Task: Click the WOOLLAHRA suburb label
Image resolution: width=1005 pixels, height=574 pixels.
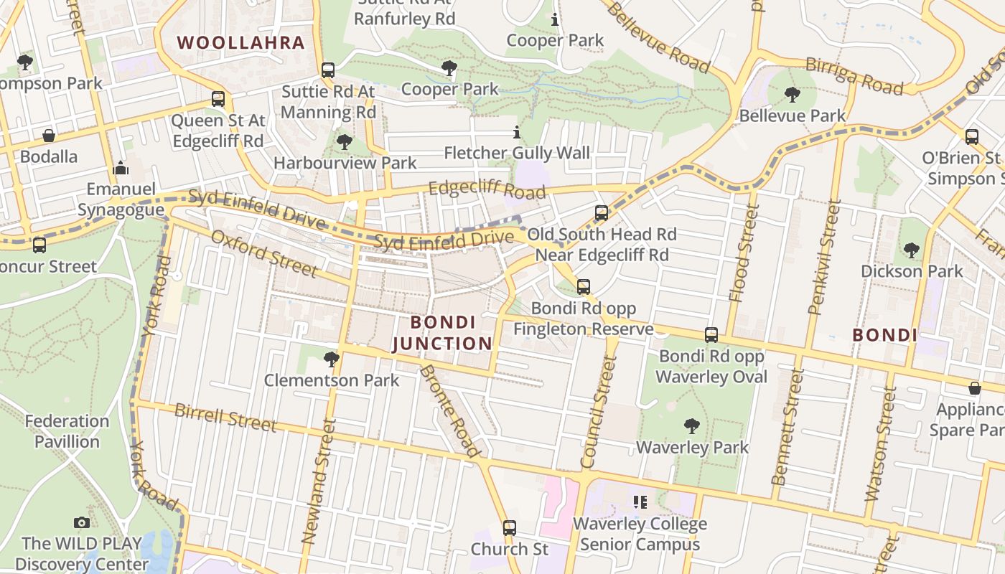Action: click(x=241, y=42)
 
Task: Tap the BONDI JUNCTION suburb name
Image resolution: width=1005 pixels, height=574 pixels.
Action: click(x=443, y=333)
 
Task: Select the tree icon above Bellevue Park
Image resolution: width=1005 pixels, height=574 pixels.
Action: click(x=793, y=94)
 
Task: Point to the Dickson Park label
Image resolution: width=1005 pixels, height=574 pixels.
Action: click(x=912, y=271)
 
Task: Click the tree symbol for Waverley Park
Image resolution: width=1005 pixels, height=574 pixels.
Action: click(x=692, y=426)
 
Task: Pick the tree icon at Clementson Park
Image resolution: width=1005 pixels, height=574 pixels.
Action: click(x=331, y=359)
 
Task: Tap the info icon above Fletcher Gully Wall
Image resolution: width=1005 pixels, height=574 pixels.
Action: click(x=516, y=132)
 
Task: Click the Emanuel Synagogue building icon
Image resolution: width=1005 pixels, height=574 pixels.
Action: click(x=121, y=169)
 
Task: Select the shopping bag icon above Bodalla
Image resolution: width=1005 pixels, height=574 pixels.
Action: click(x=49, y=136)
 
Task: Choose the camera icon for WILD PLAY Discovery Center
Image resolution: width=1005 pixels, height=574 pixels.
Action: click(x=82, y=522)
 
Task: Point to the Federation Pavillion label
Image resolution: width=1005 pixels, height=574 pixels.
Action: click(x=67, y=430)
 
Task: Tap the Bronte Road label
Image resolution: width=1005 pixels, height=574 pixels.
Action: click(x=450, y=411)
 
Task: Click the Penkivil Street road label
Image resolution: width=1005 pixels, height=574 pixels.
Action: click(x=823, y=257)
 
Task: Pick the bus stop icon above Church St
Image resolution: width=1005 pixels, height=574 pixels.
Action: click(x=510, y=528)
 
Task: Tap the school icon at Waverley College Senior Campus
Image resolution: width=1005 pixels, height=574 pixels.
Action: click(x=640, y=502)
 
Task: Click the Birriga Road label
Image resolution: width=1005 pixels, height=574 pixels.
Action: click(x=854, y=75)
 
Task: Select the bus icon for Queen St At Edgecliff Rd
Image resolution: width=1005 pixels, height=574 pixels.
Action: click(x=218, y=99)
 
